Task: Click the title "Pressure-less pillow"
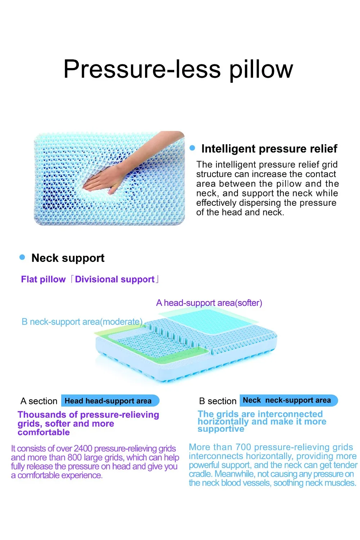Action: [x=178, y=69]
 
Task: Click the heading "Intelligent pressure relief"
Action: [x=269, y=149]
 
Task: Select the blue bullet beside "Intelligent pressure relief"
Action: [x=192, y=148]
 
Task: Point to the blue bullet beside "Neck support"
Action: [x=22, y=257]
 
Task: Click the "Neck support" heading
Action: [x=68, y=258]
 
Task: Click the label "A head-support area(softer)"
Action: [x=209, y=303]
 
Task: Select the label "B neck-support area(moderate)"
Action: [x=82, y=322]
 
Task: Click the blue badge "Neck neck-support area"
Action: [x=288, y=400]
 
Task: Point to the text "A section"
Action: [x=39, y=401]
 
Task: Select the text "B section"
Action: [x=217, y=401]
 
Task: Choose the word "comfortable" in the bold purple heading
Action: [x=44, y=432]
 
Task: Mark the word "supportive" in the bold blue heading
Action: [x=221, y=429]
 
